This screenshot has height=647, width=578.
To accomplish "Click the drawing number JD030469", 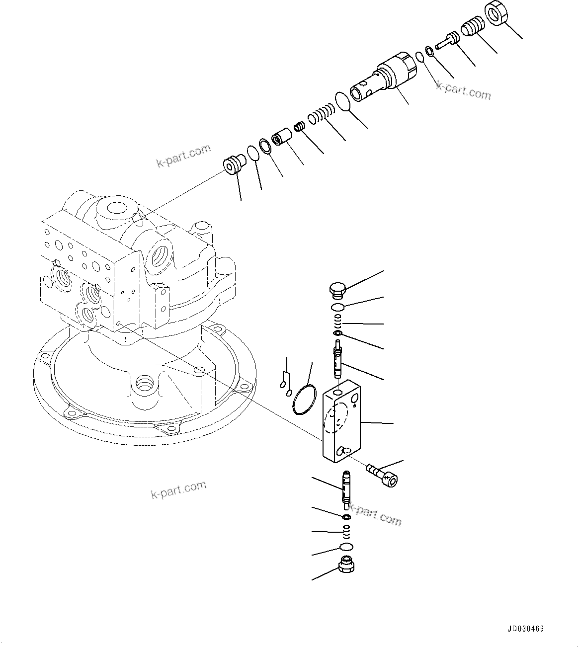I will click(x=526, y=629).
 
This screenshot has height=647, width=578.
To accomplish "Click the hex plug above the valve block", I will click(x=337, y=290).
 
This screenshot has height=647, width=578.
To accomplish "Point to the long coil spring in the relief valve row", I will click(x=322, y=114).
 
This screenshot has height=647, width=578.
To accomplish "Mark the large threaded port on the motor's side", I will click(x=162, y=254).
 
